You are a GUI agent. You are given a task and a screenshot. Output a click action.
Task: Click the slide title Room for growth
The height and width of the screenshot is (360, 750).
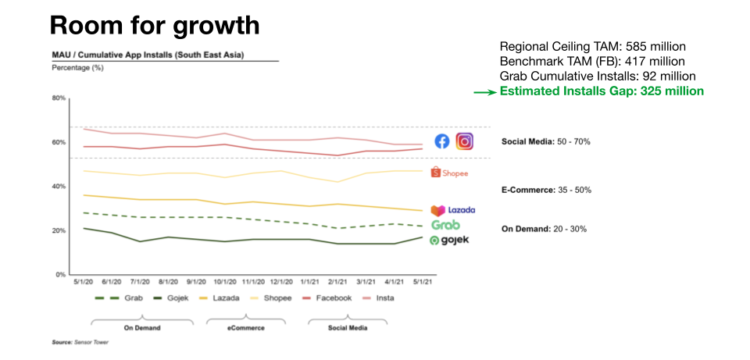154,25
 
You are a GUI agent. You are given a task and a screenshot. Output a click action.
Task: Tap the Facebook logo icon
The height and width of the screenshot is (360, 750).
442,141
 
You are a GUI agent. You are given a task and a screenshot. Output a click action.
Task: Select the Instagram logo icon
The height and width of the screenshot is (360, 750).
465,141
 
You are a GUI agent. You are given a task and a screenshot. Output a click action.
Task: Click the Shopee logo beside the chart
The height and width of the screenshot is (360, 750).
450,173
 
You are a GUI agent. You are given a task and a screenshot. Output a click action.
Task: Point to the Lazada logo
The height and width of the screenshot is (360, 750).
452,210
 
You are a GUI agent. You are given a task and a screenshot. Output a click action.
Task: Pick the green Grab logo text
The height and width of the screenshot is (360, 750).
445,225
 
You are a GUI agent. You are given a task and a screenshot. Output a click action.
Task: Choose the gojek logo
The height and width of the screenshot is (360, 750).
449,240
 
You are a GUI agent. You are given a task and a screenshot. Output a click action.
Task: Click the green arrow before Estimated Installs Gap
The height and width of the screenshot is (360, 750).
485,92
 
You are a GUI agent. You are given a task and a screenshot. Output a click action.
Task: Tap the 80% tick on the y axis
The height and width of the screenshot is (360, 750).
59,98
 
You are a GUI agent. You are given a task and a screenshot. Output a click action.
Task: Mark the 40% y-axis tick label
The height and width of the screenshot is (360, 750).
59,187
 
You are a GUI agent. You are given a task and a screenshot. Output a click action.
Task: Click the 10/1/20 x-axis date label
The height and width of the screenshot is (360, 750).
227,283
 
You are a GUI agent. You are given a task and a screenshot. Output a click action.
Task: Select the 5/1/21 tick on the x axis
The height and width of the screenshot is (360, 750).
423,283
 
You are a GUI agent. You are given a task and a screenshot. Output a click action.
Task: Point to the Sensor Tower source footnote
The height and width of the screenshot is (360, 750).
80,343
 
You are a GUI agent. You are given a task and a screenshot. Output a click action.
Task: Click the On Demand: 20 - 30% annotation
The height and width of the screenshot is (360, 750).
544,229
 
